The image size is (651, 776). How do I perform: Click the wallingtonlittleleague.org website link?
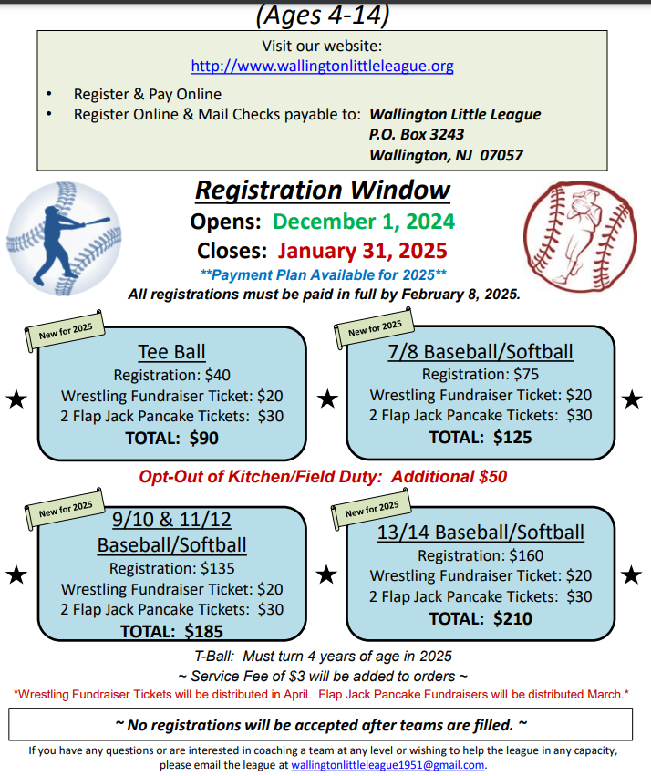pos(322,66)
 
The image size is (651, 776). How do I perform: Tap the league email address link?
pos(387,765)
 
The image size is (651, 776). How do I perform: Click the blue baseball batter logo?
pos(64,239)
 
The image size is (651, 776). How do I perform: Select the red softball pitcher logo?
pos(580,235)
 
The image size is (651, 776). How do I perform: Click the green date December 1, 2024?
pos(364,222)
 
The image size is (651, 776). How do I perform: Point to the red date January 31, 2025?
pos(362,251)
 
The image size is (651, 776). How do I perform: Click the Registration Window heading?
pos(323,190)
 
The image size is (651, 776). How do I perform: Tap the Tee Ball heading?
pos(171,352)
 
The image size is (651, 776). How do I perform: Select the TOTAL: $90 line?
pos(171,438)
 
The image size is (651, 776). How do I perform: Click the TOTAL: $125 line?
pos(480,437)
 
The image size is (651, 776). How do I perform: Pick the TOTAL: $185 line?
pos(171,632)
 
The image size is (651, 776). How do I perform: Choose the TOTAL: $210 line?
pos(480,618)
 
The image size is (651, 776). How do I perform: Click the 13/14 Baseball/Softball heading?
pos(480,533)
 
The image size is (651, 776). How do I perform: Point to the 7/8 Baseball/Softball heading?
pos(480,352)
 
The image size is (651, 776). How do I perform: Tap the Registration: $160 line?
pos(480,555)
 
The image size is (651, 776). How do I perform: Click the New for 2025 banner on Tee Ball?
pos(65,331)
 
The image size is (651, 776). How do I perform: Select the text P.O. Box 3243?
pos(417,134)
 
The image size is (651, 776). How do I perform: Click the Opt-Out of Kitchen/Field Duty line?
pos(323,477)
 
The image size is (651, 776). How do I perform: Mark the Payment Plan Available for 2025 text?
pos(324,274)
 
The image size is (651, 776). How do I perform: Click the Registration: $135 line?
pos(171,568)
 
